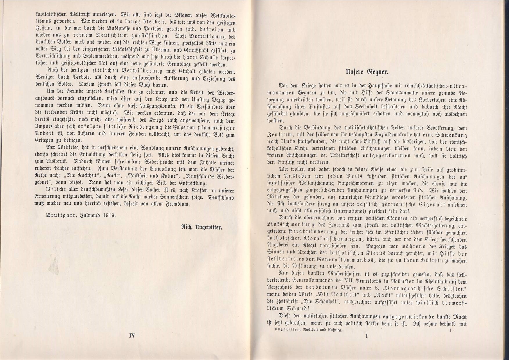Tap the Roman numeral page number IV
[132, 336]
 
